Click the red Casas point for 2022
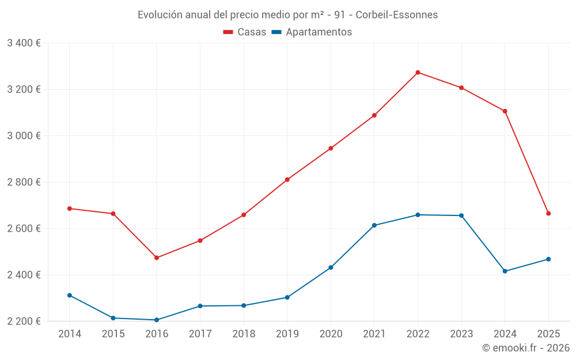click(418, 73)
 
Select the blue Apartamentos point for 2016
click(157, 320)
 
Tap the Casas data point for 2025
click(548, 214)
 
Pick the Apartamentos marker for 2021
click(374, 225)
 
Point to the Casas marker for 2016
click(157, 257)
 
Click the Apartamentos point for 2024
click(505, 271)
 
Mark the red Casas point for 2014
click(70, 209)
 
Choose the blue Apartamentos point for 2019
click(287, 297)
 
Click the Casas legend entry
click(245, 32)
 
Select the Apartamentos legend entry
click(312, 32)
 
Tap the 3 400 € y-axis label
click(24, 43)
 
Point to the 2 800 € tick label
click(24, 182)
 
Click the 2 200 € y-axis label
click(24, 321)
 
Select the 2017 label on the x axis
click(200, 334)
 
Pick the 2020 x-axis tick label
click(331, 334)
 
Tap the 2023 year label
click(461, 334)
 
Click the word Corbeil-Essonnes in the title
click(397, 14)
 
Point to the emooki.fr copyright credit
click(526, 348)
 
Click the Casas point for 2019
click(287, 180)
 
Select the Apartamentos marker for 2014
click(70, 295)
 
